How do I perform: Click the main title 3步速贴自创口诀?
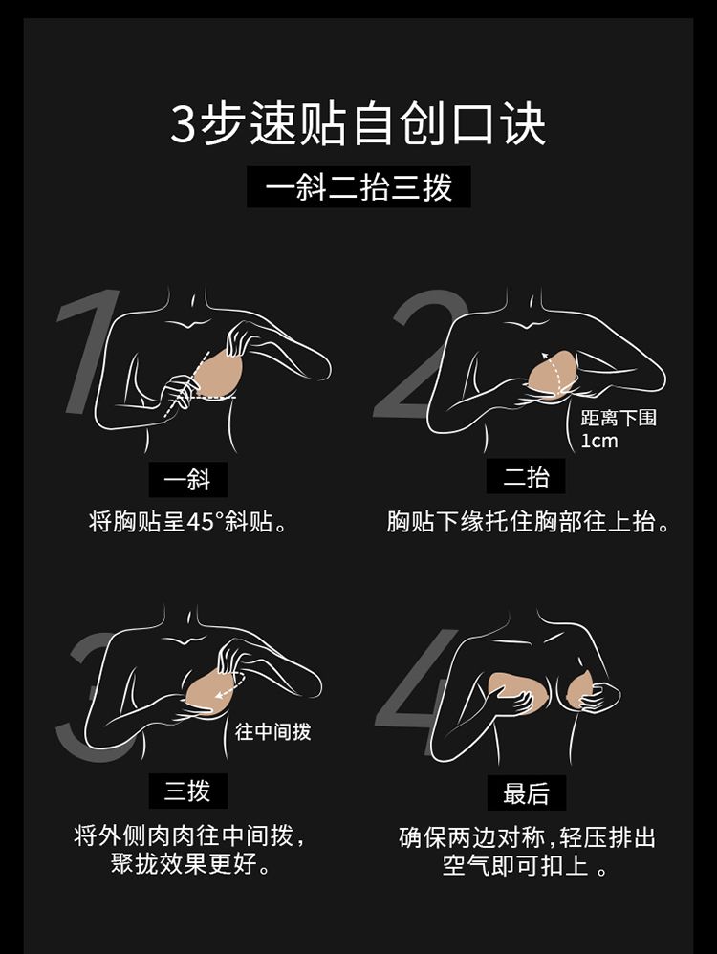[x=358, y=124]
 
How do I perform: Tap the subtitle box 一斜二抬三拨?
[x=358, y=186]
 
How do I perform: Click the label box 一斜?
[x=188, y=480]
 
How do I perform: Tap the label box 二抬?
[x=526, y=476]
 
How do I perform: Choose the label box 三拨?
[x=188, y=791]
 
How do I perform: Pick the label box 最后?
[x=527, y=792]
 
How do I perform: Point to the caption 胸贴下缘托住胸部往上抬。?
[x=528, y=522]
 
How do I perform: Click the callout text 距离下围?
[x=619, y=418]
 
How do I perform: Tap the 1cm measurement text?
[x=598, y=441]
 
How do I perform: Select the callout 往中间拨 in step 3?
[x=272, y=730]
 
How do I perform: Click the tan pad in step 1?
[x=218, y=378]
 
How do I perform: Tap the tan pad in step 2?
[x=553, y=374]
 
